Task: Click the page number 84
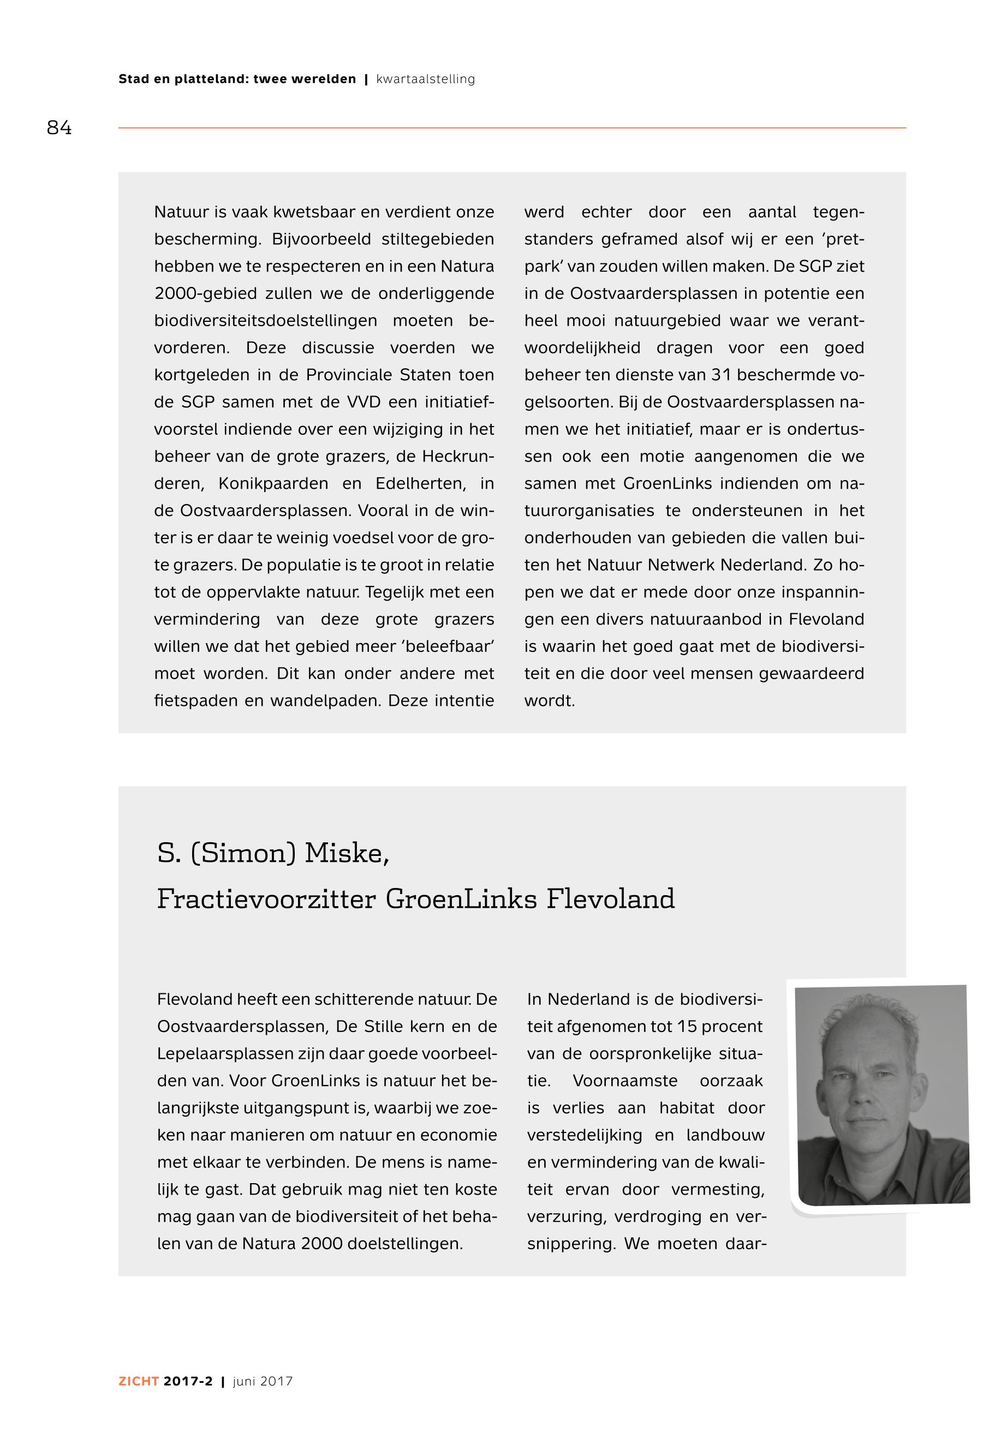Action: coord(59,128)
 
